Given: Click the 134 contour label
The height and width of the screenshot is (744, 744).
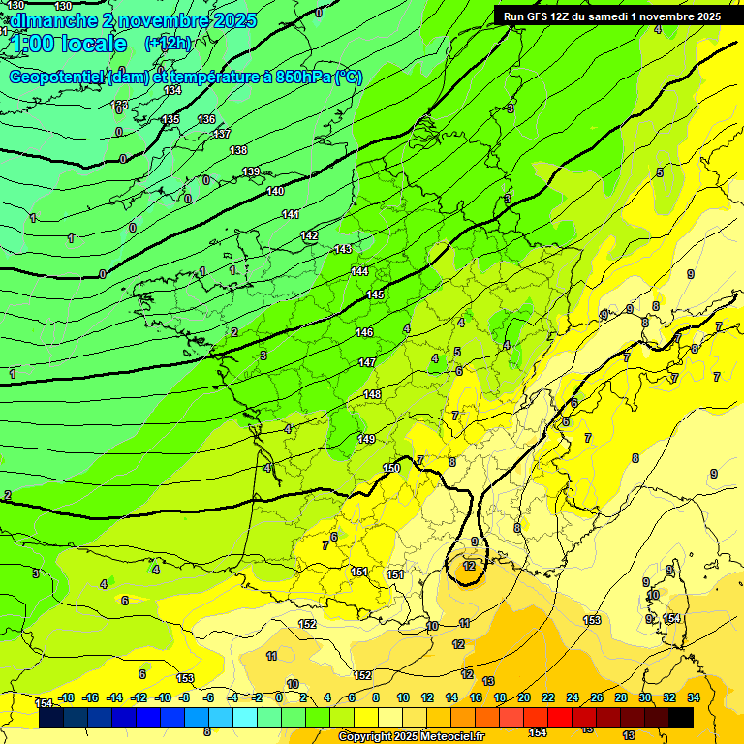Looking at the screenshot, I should (x=172, y=90).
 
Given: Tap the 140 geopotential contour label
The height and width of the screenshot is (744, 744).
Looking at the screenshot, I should (x=275, y=192).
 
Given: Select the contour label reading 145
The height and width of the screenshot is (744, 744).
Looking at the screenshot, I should (x=375, y=294).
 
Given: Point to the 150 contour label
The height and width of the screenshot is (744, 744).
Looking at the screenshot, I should (x=391, y=468).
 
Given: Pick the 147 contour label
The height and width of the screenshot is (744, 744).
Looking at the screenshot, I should (x=367, y=362).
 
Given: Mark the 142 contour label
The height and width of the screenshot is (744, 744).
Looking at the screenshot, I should (x=309, y=236).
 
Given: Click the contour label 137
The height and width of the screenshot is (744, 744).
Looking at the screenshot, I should (x=222, y=134).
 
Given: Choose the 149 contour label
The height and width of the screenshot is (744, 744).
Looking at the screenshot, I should (x=366, y=439).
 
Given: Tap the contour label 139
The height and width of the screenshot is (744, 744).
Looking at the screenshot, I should (x=251, y=171).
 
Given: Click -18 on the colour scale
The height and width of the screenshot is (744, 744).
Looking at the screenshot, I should (x=67, y=697).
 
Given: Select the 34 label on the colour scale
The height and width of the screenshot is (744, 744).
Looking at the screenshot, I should (x=694, y=697).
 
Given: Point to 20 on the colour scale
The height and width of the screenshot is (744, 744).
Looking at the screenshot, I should (x=524, y=697).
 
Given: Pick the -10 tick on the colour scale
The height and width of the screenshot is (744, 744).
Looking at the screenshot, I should (x=163, y=697).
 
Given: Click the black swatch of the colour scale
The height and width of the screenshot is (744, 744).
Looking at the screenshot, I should (x=681, y=717).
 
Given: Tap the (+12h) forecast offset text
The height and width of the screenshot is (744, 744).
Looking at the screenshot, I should (x=168, y=44).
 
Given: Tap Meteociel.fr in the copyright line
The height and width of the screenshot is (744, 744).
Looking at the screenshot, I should (x=449, y=737).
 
